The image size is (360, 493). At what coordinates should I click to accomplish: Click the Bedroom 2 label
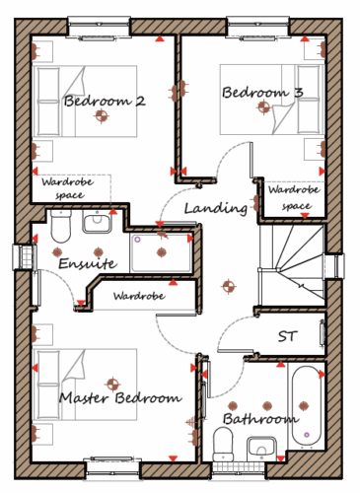coord(105,101)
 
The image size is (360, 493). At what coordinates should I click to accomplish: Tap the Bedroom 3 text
coord(262,93)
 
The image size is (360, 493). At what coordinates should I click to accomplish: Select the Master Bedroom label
coord(120,397)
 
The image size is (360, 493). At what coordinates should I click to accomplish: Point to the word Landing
coord(216,208)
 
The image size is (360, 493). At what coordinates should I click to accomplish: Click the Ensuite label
coord(88,263)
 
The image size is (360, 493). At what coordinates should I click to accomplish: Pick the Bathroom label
coord(260,419)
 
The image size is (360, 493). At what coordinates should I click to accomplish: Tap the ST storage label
coord(288,336)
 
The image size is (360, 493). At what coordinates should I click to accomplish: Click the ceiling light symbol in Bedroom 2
coord(102,115)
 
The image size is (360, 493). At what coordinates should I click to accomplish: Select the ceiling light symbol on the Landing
coord(229,286)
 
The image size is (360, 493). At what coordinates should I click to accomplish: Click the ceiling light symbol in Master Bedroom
coord(112,384)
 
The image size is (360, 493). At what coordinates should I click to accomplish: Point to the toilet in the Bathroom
coord(223,444)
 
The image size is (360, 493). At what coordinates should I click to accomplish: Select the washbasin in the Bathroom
coord(261,449)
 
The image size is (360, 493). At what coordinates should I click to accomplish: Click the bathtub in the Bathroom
coord(307,406)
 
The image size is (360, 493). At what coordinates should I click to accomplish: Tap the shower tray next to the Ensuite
coord(162,252)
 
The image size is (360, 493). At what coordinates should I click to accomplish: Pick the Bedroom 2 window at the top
coord(100,28)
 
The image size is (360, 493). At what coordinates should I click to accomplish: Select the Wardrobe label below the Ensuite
coord(139,296)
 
